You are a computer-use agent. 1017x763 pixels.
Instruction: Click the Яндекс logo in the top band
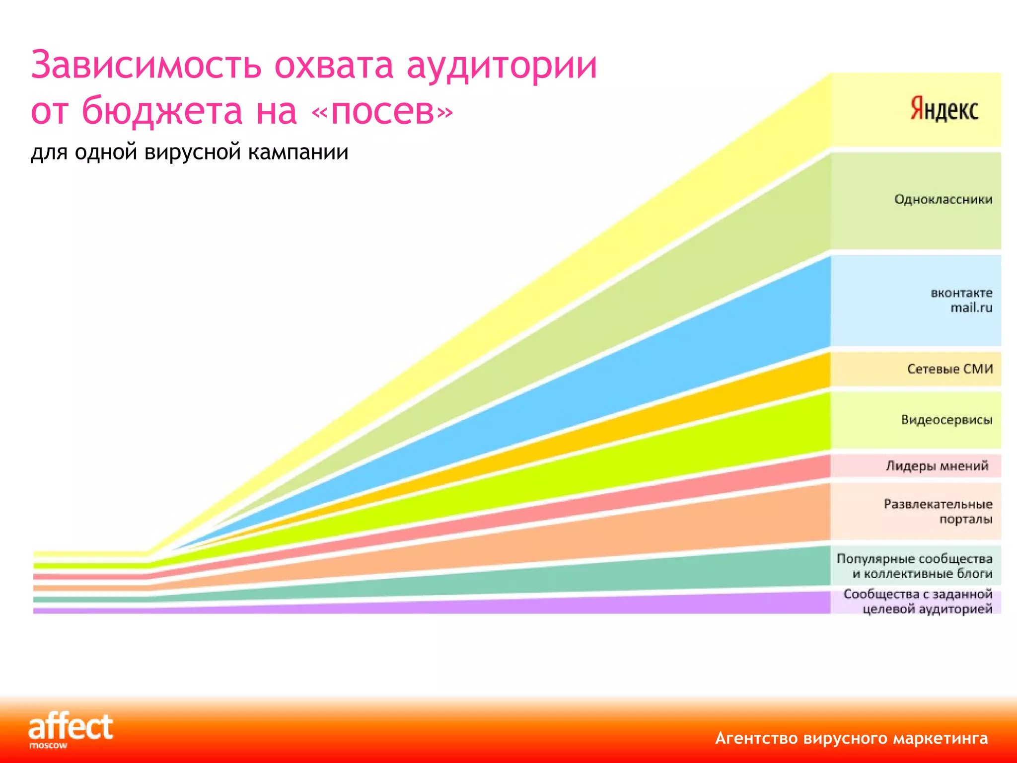point(944,110)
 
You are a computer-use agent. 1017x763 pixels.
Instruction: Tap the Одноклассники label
point(943,200)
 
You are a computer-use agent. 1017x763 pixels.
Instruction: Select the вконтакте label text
point(961,293)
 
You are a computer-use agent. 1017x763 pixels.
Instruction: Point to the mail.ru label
point(971,308)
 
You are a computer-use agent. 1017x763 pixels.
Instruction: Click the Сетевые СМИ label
point(949,369)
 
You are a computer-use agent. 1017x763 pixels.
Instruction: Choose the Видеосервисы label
point(946,420)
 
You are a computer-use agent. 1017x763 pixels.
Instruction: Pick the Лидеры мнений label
point(937,466)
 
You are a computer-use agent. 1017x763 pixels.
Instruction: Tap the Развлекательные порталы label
point(938,512)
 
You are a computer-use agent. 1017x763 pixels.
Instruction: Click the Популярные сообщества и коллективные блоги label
point(915,566)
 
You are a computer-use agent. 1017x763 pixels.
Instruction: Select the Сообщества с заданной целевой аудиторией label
point(918,602)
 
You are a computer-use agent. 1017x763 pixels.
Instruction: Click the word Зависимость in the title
point(146,66)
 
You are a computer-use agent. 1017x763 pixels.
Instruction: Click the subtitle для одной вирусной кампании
point(189,152)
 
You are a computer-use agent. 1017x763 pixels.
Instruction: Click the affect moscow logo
point(70,730)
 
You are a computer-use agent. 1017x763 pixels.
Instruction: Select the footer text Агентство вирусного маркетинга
point(851,739)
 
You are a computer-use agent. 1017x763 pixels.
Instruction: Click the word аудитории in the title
point(502,66)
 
